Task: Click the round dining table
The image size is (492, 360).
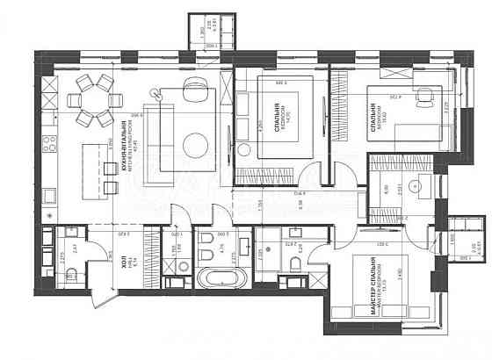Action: (x=92, y=100)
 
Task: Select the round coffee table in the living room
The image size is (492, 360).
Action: (x=196, y=142)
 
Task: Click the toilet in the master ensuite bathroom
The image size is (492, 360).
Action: (x=298, y=263)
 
